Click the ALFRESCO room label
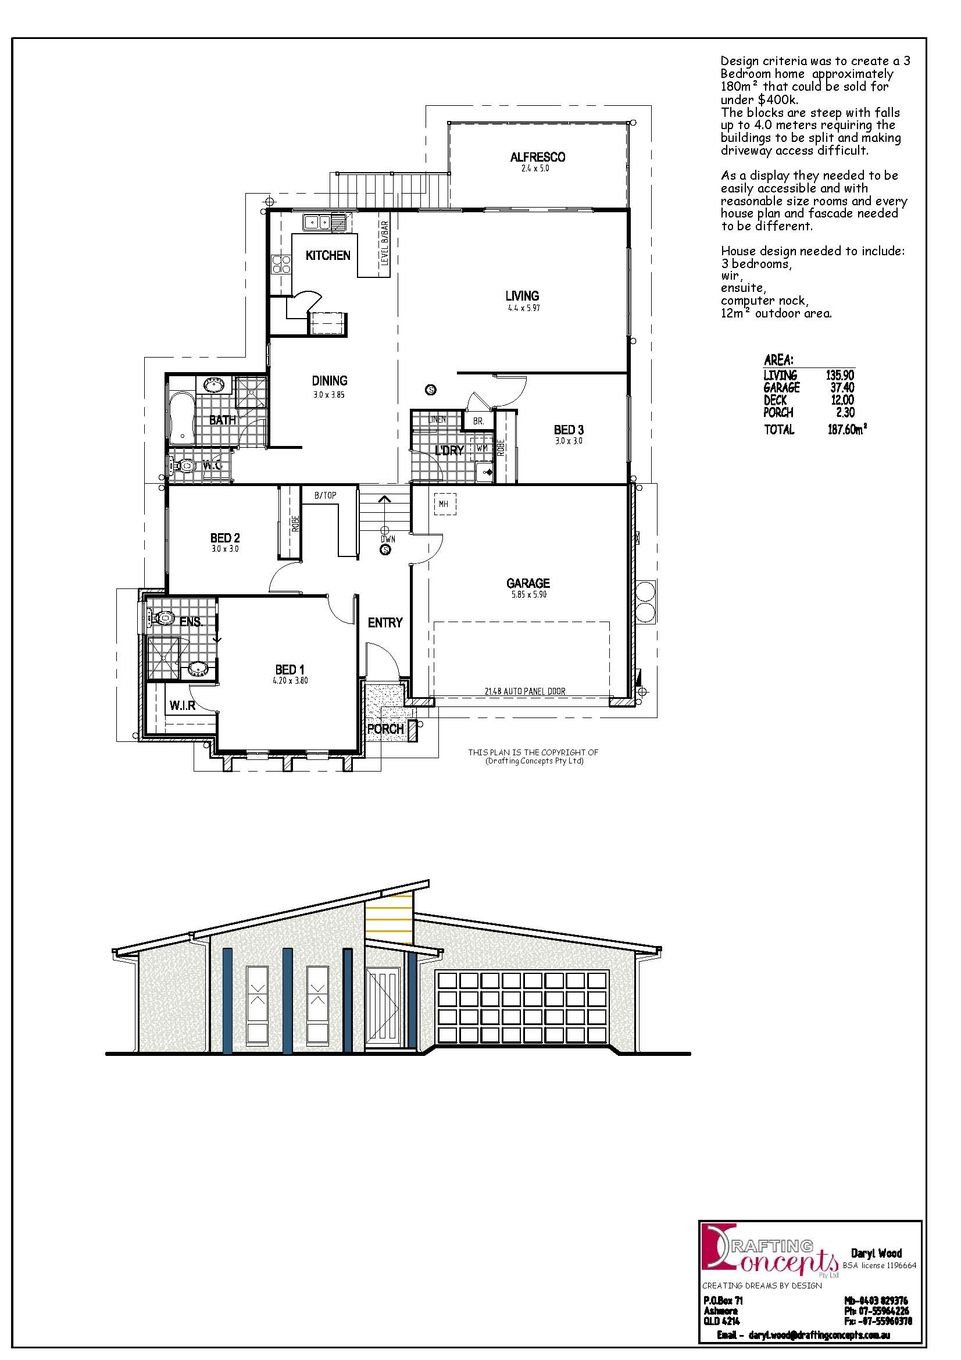538,157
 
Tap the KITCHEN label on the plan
328,255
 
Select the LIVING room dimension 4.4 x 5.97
522,308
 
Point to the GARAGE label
528,583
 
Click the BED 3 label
569,430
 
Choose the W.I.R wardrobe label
183,705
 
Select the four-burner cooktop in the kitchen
281,263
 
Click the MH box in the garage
445,504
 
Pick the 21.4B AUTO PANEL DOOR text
525,691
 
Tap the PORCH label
385,729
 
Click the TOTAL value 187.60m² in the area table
847,429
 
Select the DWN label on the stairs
388,539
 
